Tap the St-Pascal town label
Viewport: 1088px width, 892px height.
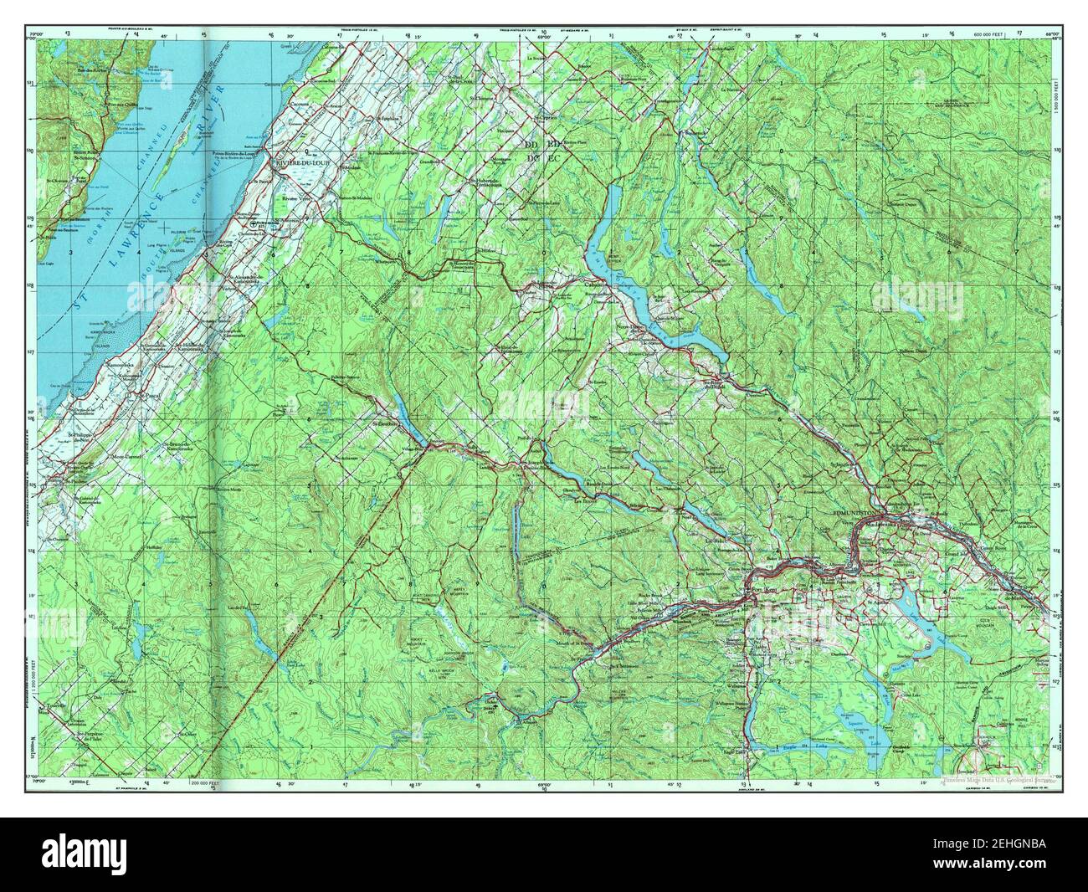coord(148,393)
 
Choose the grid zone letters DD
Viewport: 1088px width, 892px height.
coord(531,146)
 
